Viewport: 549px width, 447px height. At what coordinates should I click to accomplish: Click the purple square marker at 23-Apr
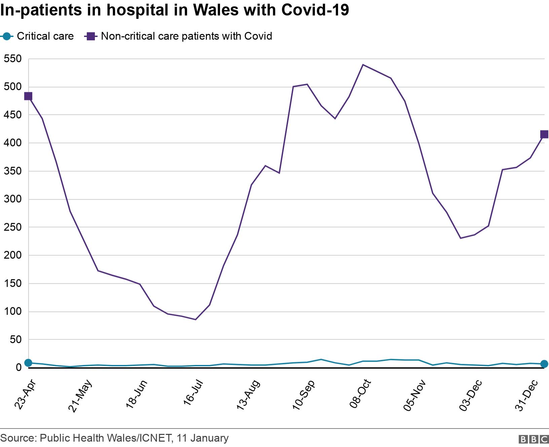(28, 96)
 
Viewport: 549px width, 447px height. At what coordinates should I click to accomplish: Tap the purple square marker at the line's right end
(544, 134)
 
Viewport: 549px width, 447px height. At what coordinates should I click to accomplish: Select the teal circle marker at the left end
(28, 363)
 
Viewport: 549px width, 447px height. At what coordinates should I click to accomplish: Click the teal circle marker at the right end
(544, 364)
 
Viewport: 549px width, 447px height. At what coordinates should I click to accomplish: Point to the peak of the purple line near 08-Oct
(363, 65)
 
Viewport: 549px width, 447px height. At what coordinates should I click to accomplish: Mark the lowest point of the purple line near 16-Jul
(195, 319)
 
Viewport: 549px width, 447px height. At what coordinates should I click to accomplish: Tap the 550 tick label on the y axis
(12, 59)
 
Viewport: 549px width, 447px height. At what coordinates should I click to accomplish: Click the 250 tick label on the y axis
(12, 228)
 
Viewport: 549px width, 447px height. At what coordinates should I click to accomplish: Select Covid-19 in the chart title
(315, 10)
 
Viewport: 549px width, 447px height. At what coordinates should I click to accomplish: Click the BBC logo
(534, 439)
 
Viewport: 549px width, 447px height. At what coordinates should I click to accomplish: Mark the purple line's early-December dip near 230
(461, 238)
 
